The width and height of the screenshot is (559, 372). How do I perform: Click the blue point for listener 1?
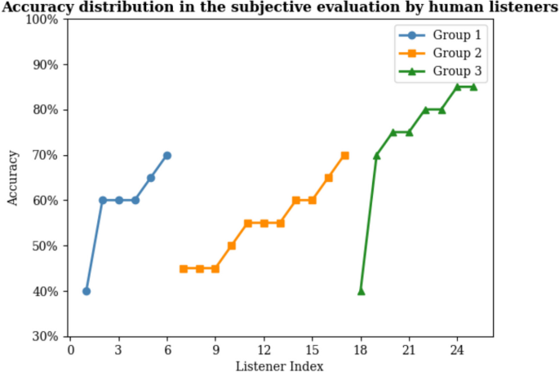[x=87, y=291]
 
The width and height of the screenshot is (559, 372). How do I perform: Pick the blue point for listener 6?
[x=167, y=155]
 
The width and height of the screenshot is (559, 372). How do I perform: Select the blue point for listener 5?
[x=151, y=178]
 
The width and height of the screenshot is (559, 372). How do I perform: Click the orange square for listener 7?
[x=184, y=268]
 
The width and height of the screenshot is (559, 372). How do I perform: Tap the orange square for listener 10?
[x=232, y=246]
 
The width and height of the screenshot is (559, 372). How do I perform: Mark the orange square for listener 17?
[x=344, y=155]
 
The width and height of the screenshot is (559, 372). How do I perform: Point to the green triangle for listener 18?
[x=361, y=291]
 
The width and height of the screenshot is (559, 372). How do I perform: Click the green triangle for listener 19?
[x=377, y=155]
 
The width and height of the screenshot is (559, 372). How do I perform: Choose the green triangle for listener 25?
[x=473, y=87]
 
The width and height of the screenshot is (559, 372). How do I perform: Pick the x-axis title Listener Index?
[x=279, y=365]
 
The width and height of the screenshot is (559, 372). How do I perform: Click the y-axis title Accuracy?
[x=12, y=178]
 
